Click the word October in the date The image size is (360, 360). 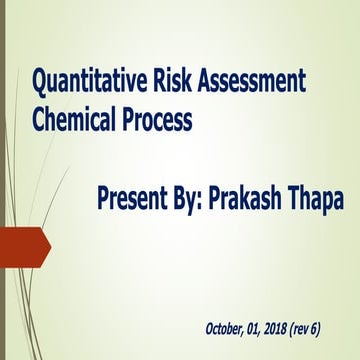point(228,328)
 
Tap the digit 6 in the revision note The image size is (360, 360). point(342,328)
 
